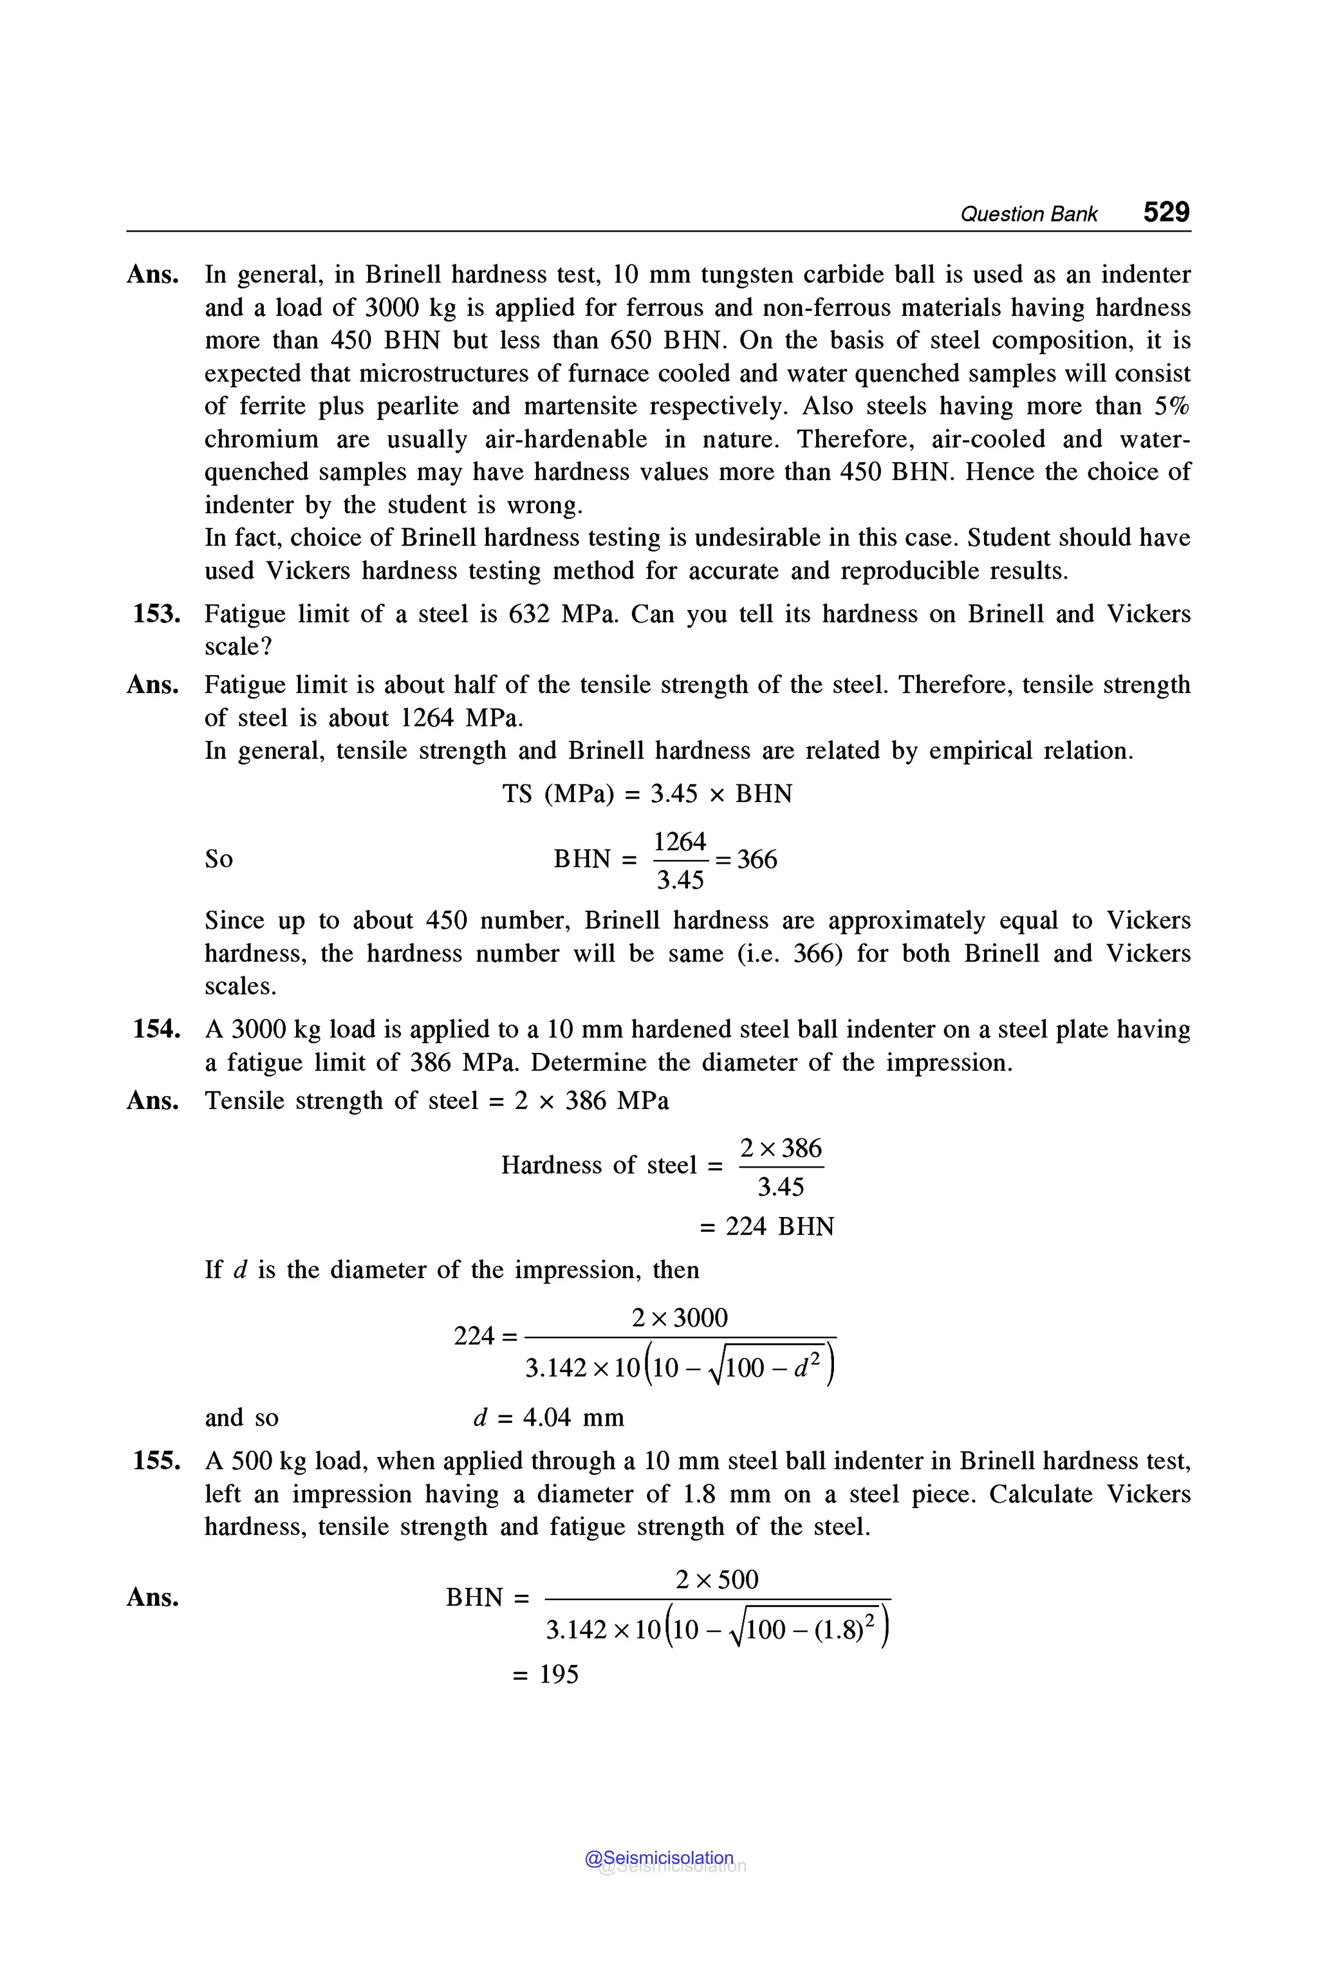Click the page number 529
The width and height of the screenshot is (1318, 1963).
[1166, 212]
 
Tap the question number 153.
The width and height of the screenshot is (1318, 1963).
[156, 615]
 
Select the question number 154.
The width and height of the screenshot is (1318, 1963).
[156, 1030]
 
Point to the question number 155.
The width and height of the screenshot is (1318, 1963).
[156, 1462]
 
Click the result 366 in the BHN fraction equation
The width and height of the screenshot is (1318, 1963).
[757, 860]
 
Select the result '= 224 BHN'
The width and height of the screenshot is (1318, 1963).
[766, 1227]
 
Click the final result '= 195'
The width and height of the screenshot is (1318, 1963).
[546, 1675]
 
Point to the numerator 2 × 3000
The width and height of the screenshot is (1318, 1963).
[679, 1317]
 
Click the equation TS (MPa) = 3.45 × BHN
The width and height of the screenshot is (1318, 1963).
[647, 794]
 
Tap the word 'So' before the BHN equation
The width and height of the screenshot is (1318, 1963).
[219, 860]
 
